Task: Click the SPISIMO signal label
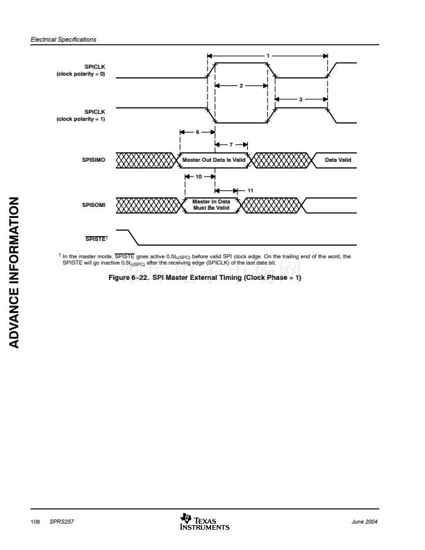[x=94, y=160]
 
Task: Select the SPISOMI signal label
[x=94, y=205]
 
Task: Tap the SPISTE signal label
[x=95, y=238]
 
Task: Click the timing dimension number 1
[x=268, y=56]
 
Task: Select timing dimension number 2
[x=240, y=85]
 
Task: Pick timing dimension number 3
[x=301, y=100]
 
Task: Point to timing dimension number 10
[x=199, y=176]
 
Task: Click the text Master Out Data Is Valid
[x=214, y=160]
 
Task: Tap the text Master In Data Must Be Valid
[x=211, y=204]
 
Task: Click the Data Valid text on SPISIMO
[x=338, y=160]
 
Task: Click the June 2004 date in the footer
[x=366, y=522]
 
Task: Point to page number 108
[x=34, y=522]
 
